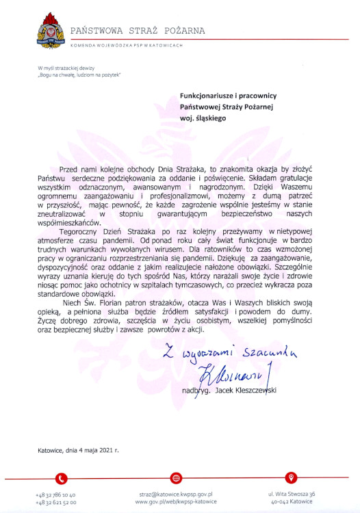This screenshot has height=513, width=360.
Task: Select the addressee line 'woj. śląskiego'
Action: click(x=201, y=118)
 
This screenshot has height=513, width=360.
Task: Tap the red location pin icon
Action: click(x=292, y=477)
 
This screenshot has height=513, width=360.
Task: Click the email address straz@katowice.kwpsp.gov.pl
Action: click(x=176, y=492)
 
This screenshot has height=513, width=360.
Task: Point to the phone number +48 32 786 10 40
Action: click(x=55, y=492)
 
